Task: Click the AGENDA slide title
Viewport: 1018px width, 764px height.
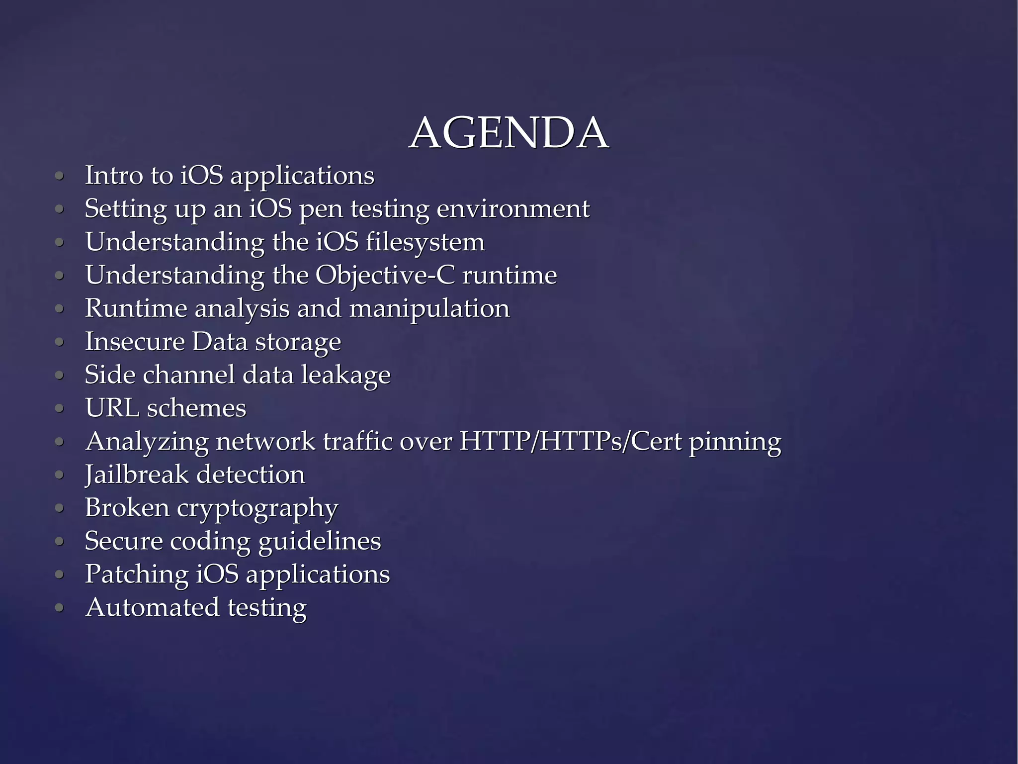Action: point(509,133)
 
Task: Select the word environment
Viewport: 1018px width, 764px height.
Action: point(513,208)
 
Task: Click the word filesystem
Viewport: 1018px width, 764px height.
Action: point(425,242)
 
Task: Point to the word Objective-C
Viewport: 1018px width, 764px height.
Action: point(385,275)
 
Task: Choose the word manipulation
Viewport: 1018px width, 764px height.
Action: point(429,308)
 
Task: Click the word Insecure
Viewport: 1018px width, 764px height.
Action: point(135,342)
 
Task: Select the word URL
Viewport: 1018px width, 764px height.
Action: point(112,408)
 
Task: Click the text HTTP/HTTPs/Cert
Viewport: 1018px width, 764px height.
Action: point(571,441)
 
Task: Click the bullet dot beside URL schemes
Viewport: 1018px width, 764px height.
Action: point(60,409)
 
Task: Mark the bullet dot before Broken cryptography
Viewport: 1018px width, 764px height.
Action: point(60,508)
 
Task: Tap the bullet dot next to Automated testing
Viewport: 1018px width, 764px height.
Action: point(60,608)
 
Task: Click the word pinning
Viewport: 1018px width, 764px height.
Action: point(735,442)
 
